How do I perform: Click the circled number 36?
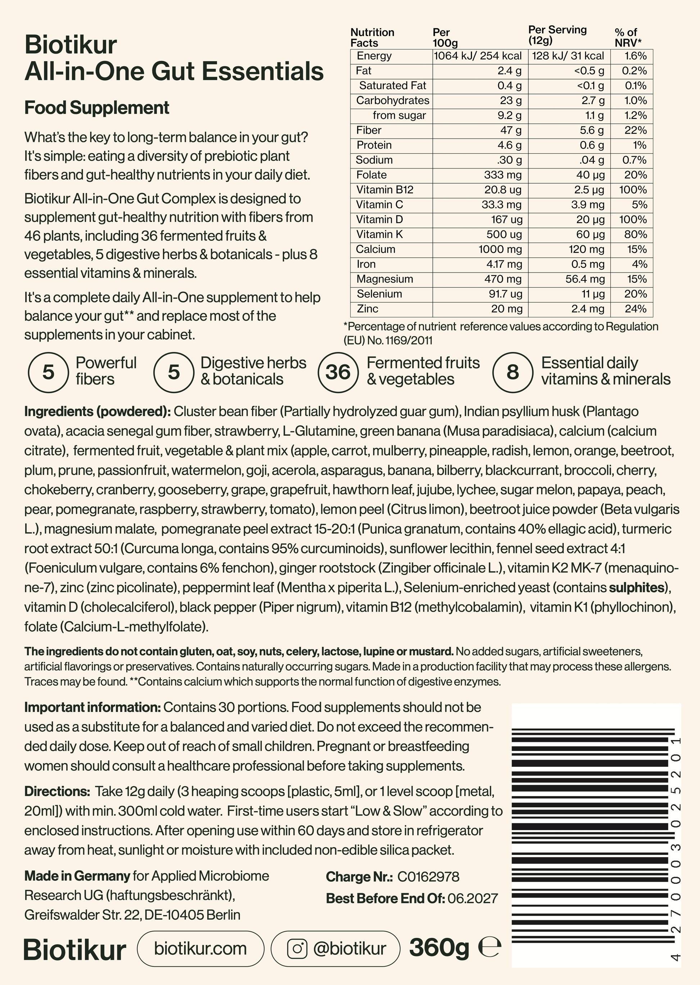tap(338, 372)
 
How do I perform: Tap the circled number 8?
tap(513, 372)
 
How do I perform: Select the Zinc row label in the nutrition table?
tap(368, 309)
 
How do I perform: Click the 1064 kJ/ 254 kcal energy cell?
tap(478, 56)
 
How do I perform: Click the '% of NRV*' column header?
tap(628, 37)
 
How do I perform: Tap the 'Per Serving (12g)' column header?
tap(557, 35)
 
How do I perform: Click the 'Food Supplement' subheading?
tap(96, 107)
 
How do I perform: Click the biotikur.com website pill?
tap(200, 948)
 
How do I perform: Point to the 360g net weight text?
tap(439, 948)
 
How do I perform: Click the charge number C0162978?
tap(428, 876)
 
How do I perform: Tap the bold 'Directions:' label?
tap(57, 791)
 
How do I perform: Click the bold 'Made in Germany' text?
tap(77, 876)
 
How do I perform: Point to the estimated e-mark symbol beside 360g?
tap(490, 948)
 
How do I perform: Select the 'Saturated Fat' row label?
tap(392, 85)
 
